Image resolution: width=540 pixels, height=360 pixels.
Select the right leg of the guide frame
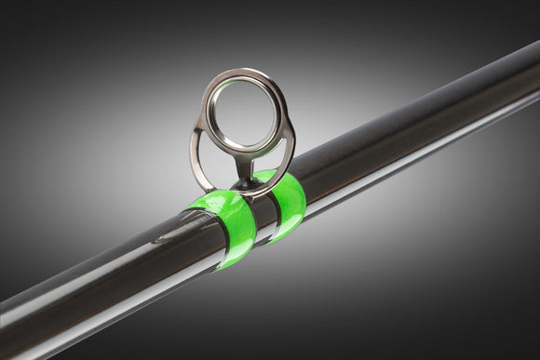point(285,158)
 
